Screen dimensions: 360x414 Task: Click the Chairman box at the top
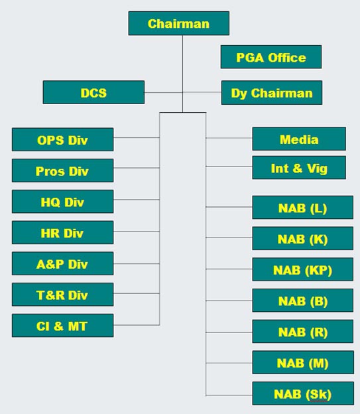pyautogui.click(x=179, y=23)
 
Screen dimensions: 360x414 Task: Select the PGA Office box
pyautogui.click(x=271, y=57)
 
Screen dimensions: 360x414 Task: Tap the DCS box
pyautogui.click(x=93, y=92)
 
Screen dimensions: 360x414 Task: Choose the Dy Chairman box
pyautogui.click(x=272, y=93)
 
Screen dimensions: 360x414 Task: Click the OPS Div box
pyautogui.click(x=62, y=140)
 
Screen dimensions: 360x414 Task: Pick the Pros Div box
pyautogui.click(x=62, y=171)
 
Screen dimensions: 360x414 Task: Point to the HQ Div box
pyautogui.click(x=62, y=202)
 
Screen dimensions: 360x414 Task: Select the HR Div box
pyautogui.click(x=62, y=233)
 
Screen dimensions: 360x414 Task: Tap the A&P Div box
pyautogui.click(x=62, y=263)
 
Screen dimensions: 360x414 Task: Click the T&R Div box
pyautogui.click(x=62, y=295)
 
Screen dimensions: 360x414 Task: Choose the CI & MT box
pyautogui.click(x=62, y=326)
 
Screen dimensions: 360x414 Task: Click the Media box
pyautogui.click(x=299, y=139)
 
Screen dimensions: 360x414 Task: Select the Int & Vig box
pyautogui.click(x=299, y=168)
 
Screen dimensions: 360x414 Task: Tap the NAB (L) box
pyautogui.click(x=303, y=208)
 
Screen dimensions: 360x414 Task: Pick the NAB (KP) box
pyautogui.click(x=303, y=269)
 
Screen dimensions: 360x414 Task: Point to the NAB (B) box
pyautogui.click(x=303, y=301)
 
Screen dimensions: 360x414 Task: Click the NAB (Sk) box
pyautogui.click(x=303, y=393)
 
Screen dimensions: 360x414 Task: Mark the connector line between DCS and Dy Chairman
pyautogui.click(x=183, y=92)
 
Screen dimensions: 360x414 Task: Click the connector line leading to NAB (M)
pyautogui.click(x=229, y=363)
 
